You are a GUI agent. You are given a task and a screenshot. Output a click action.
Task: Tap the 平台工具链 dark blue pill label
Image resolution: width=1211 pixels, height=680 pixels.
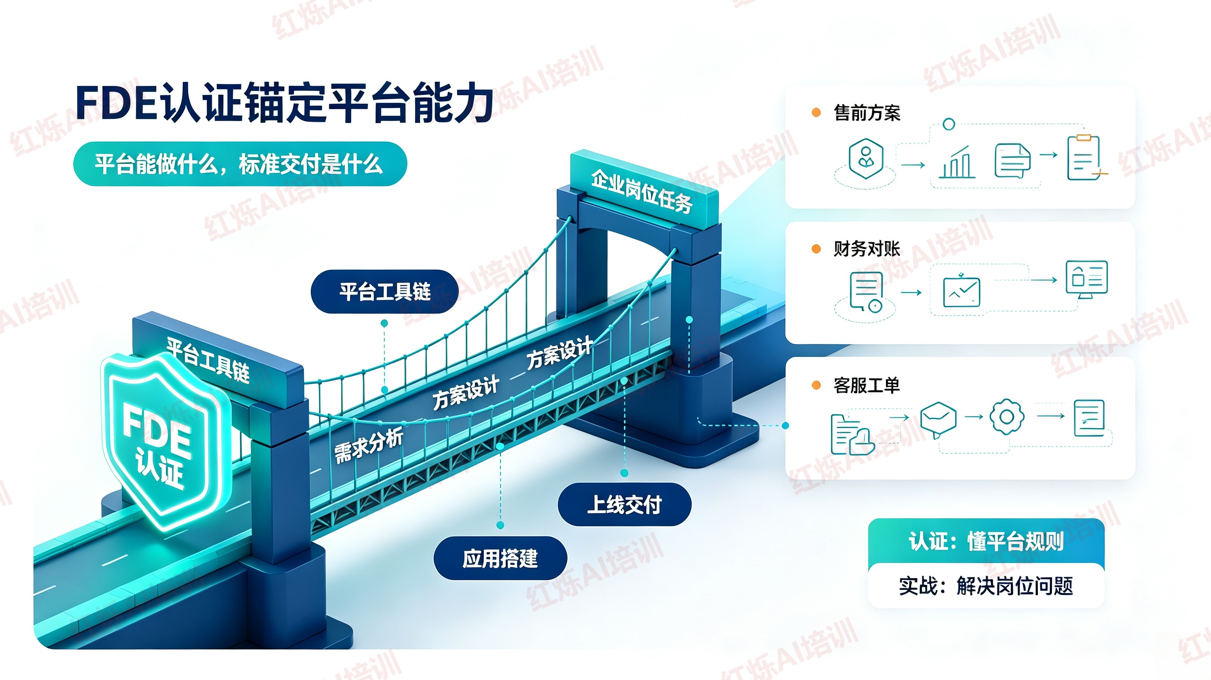(384, 292)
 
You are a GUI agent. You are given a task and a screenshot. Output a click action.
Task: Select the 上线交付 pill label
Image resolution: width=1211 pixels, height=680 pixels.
(624, 504)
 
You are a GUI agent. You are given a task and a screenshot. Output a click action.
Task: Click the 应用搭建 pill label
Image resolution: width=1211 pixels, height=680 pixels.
(500, 558)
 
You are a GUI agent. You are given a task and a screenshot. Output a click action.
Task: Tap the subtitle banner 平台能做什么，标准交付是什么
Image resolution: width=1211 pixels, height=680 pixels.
(240, 164)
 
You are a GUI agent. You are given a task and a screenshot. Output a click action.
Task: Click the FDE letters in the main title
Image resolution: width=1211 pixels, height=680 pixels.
(116, 103)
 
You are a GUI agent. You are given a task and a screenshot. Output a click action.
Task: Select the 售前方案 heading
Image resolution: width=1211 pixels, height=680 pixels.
(867, 113)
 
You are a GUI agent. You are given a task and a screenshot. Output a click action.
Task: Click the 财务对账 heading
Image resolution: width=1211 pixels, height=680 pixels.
(867, 249)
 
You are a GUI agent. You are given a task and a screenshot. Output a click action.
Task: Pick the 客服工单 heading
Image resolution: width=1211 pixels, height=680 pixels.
(867, 385)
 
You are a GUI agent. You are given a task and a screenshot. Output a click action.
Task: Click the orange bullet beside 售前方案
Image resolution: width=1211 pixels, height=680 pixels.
(816, 113)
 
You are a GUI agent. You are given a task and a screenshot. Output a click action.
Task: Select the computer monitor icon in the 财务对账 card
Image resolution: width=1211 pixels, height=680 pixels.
(1086, 279)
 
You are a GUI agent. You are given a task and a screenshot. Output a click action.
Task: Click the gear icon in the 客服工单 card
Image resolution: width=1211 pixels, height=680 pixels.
(1006, 416)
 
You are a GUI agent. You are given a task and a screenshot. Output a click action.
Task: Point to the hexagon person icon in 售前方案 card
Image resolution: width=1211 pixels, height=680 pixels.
(866, 159)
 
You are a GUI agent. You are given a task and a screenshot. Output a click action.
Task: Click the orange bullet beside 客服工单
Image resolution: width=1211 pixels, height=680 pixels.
(816, 385)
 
